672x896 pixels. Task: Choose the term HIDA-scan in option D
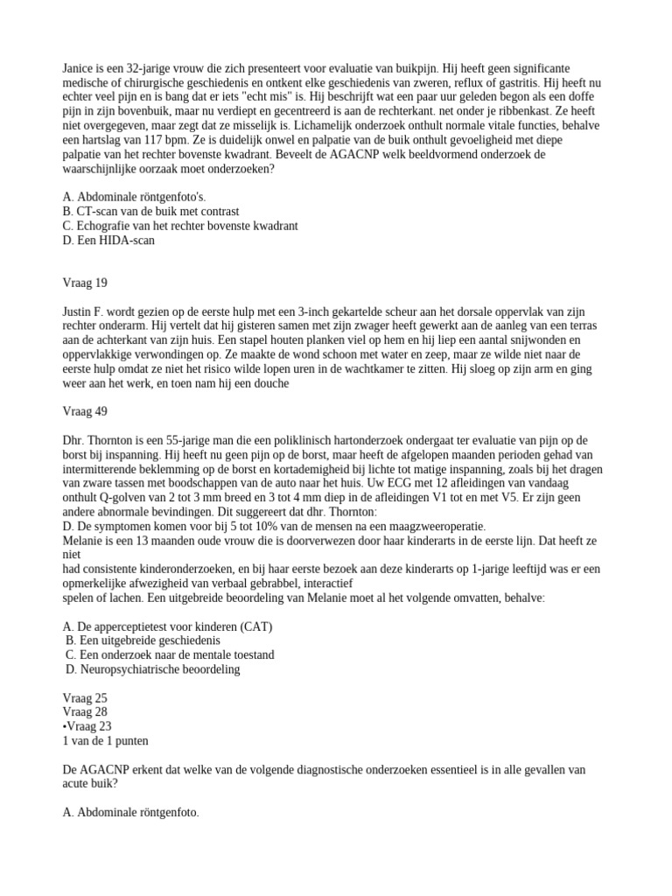(129, 240)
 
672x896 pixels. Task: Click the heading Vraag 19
(86, 283)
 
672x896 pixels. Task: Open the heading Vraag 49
(86, 411)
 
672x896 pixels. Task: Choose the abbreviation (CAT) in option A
(253, 626)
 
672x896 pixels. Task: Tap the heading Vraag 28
(86, 712)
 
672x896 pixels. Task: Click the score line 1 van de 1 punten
(105, 740)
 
